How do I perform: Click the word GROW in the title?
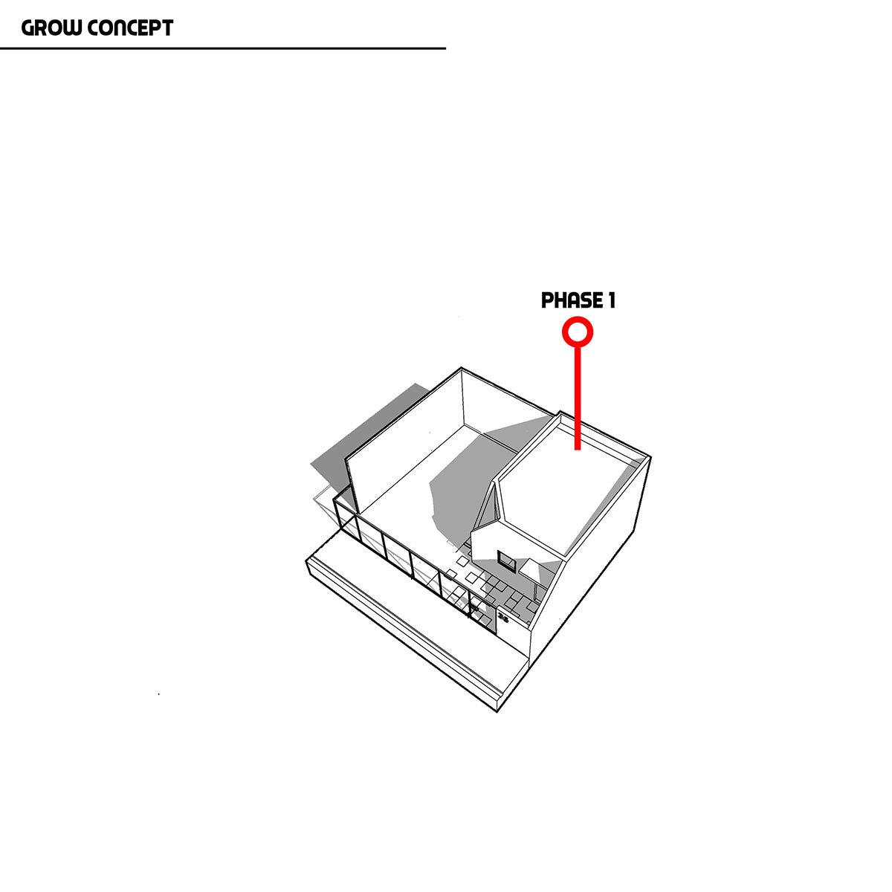(51, 28)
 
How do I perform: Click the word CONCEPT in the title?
(130, 28)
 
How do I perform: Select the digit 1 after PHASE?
(611, 301)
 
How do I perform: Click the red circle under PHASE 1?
(578, 332)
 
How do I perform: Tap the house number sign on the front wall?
(503, 618)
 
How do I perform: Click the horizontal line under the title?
(223, 48)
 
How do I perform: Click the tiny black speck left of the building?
(158, 694)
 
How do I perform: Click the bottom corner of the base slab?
(496, 710)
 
